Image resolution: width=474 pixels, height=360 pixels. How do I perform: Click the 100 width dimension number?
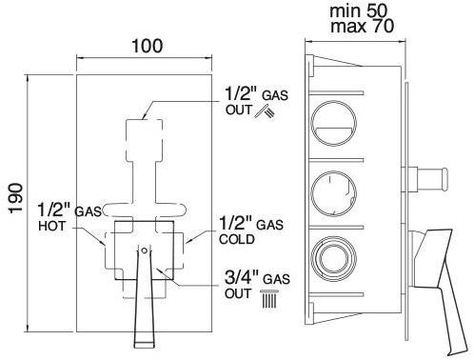click(148, 47)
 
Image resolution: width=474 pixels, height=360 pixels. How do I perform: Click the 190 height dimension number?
click(15, 198)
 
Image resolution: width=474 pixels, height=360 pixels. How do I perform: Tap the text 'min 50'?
click(359, 10)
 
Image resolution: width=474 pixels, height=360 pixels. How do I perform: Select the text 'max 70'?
click(362, 26)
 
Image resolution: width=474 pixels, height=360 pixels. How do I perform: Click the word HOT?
click(52, 226)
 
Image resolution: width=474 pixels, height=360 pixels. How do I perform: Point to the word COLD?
click(237, 239)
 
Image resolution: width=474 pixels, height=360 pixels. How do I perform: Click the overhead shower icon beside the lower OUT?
click(269, 299)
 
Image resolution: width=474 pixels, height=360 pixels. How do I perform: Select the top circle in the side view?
click(333, 124)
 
